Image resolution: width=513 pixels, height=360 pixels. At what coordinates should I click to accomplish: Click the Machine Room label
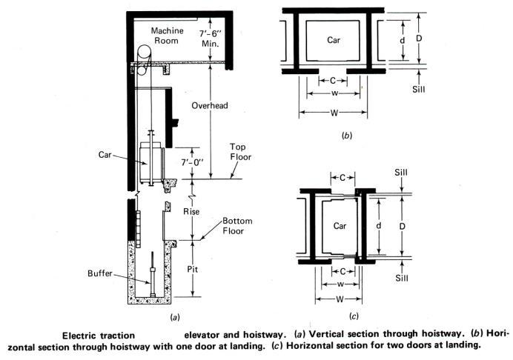(171, 35)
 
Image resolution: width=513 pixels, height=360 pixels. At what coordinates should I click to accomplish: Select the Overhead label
(209, 105)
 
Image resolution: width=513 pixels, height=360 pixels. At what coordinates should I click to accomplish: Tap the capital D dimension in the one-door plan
(419, 37)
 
